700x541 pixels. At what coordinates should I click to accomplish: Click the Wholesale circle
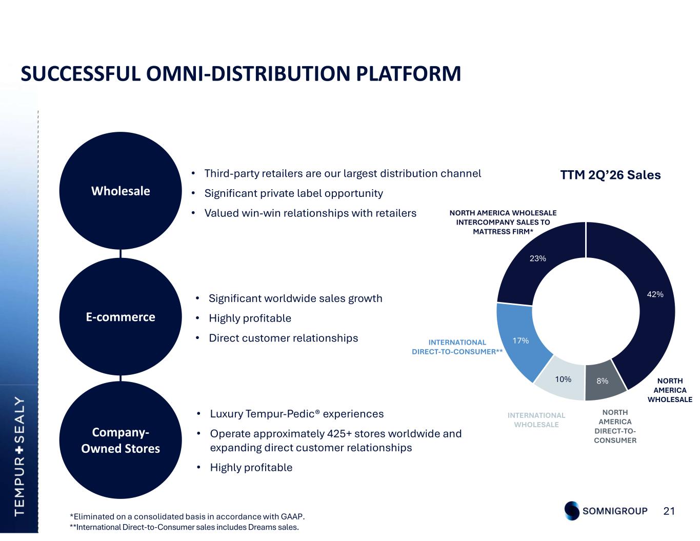point(120,191)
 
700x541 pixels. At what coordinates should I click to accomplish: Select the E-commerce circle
point(120,317)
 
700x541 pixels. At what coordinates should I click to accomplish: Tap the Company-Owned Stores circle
point(120,440)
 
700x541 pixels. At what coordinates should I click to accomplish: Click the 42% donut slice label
point(655,294)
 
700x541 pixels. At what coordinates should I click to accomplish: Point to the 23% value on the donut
point(537,258)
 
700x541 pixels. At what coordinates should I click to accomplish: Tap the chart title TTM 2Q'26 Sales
point(610,175)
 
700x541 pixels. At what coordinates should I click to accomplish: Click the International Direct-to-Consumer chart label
point(457,347)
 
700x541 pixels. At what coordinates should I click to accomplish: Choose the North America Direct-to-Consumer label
point(615,426)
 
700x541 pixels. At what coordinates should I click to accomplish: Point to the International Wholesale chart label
point(536,420)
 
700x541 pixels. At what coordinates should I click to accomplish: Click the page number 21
point(669,511)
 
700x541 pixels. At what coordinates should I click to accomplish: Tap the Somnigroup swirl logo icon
point(572,511)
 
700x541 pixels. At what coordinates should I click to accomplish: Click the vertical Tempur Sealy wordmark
point(19,456)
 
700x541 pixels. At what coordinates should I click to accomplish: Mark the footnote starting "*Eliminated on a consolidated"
point(187,516)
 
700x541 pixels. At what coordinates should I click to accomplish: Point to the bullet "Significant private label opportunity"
point(293,193)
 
